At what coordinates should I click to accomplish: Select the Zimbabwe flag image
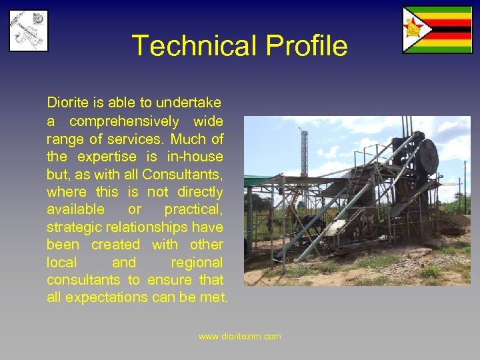(x=437, y=30)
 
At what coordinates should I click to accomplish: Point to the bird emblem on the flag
(x=415, y=29)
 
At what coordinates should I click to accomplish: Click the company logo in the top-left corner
(x=28, y=31)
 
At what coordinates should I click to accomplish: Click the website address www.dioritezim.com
(x=240, y=337)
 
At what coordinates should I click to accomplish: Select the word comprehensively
(x=124, y=121)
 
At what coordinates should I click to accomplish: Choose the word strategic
(x=75, y=227)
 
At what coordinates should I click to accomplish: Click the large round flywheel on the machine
(x=427, y=155)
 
